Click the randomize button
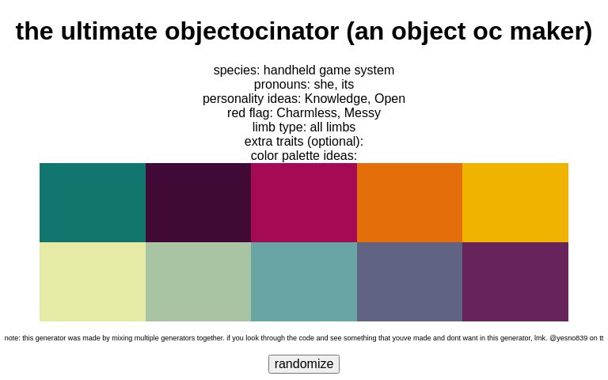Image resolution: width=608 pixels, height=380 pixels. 304,364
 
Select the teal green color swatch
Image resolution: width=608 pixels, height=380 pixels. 93,203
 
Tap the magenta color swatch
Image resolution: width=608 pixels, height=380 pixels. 304,203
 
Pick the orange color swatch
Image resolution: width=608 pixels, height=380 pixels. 409,203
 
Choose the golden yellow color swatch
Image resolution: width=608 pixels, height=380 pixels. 515,203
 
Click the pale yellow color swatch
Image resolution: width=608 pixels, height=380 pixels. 93,282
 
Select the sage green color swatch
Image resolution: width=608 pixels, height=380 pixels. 198,282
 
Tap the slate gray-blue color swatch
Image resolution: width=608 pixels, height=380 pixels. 409,282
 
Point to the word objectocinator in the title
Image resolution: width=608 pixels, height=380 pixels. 251,32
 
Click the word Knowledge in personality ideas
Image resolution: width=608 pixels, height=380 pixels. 338,99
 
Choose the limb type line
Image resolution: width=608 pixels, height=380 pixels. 304,127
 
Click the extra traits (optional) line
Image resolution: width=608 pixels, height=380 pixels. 304,142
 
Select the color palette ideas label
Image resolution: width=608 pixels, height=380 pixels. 304,156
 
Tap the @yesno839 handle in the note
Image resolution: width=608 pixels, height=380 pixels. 568,338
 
